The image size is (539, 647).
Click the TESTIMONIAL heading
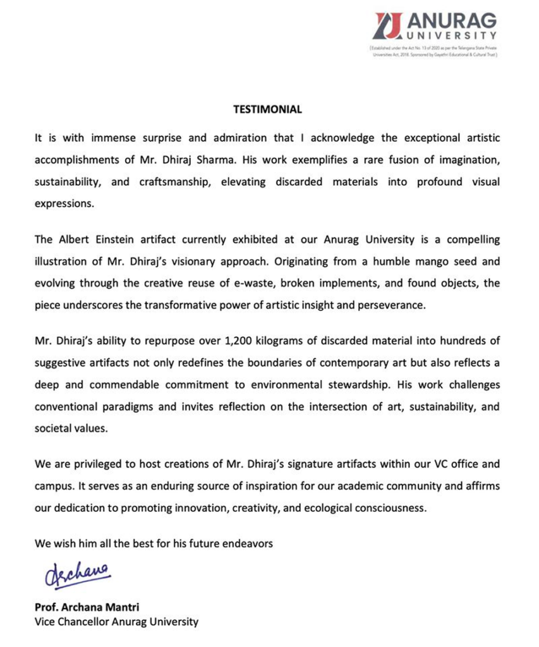(x=268, y=109)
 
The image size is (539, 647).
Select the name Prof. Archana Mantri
(x=87, y=608)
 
